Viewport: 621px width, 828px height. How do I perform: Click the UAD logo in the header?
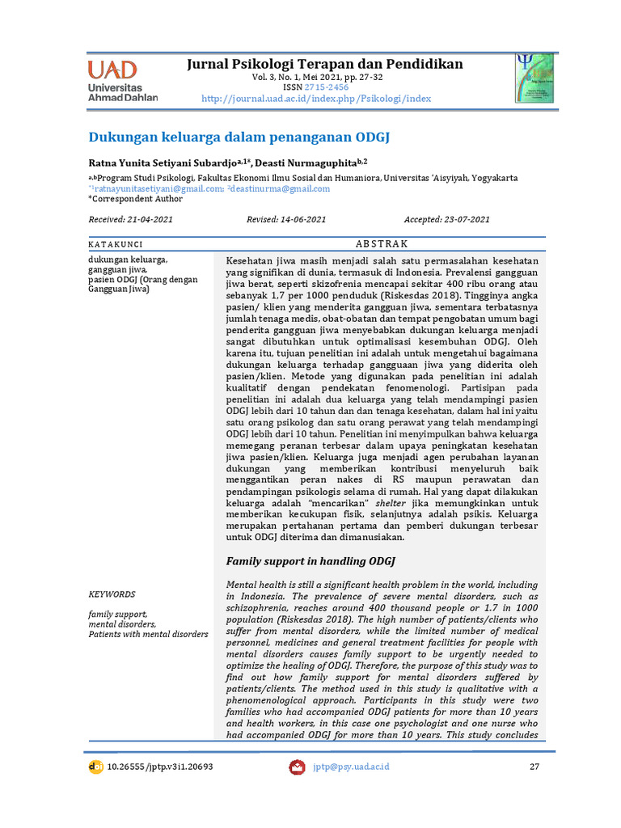(122, 80)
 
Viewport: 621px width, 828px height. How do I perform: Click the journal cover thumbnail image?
(534, 78)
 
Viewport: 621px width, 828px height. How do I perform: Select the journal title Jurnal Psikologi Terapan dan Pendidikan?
(325, 64)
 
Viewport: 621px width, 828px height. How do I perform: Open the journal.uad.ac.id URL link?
(315, 99)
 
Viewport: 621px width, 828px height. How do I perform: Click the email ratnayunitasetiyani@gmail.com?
(158, 188)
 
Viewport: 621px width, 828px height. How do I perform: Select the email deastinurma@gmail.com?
(281, 188)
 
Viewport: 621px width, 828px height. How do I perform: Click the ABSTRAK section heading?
(382, 243)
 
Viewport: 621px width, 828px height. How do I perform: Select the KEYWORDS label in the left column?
(112, 594)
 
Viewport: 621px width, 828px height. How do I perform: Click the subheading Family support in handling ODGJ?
(309, 560)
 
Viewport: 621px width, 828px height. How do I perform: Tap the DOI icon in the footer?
(95, 767)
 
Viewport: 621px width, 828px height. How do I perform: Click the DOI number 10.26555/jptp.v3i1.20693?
(159, 767)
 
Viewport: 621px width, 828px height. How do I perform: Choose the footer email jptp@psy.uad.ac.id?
(351, 767)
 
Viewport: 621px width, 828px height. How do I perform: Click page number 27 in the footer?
(534, 767)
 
